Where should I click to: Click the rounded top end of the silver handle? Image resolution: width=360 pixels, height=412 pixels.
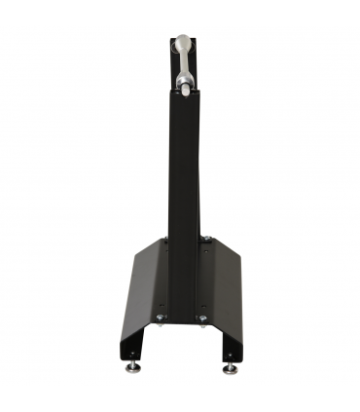pyautogui.click(x=184, y=42)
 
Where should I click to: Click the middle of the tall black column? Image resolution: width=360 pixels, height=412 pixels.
pyautogui.click(x=184, y=195)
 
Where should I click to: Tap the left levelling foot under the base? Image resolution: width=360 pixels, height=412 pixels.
pyautogui.click(x=133, y=367)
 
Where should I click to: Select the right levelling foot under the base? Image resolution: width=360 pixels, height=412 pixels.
pyautogui.click(x=230, y=367)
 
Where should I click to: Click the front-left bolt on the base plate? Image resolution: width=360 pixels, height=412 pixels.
pyautogui.click(x=161, y=318)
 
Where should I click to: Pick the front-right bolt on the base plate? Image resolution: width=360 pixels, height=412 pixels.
pyautogui.click(x=202, y=318)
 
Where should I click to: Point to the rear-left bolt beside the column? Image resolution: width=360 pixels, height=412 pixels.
pyautogui.click(x=163, y=240)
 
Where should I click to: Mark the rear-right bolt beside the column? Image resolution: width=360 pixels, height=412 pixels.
pyautogui.click(x=205, y=239)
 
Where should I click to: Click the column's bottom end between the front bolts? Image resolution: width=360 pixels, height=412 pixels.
pyautogui.click(x=182, y=319)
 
